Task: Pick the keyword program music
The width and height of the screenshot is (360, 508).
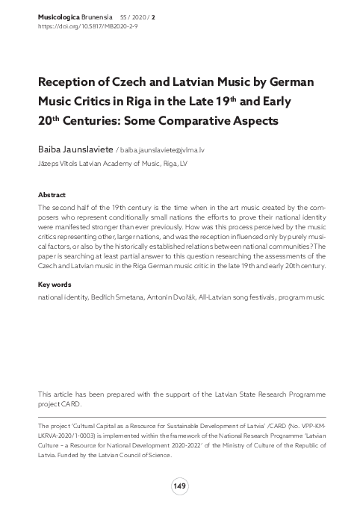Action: pos(300,297)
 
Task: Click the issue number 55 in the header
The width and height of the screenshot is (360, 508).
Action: pos(130,15)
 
